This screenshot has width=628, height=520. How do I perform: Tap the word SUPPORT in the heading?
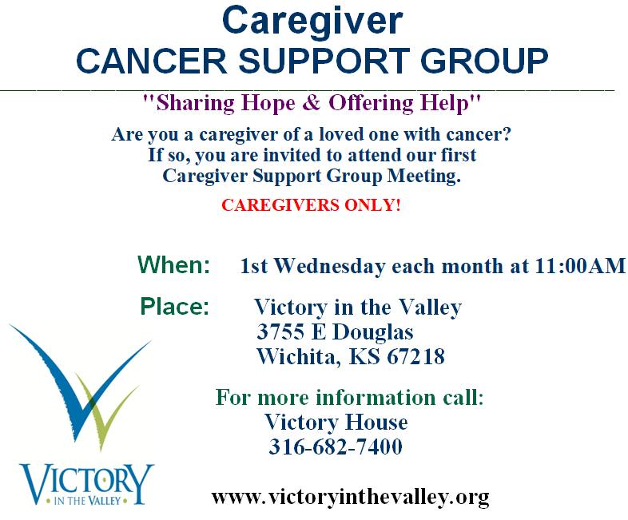pyautogui.click(x=324, y=61)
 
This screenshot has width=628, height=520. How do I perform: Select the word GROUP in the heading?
pyautogui.click(x=484, y=61)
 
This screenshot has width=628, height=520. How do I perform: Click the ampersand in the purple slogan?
pyautogui.click(x=312, y=102)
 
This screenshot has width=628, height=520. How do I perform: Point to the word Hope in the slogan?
pyautogui.click(x=268, y=103)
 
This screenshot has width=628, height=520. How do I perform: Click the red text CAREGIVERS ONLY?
pyautogui.click(x=311, y=205)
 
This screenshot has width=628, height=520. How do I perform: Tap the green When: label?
pyautogui.click(x=173, y=264)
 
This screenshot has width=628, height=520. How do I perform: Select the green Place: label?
pyautogui.click(x=175, y=307)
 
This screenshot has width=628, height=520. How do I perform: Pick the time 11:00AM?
pyautogui.click(x=580, y=266)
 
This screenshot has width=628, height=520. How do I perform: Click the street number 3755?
pyautogui.click(x=280, y=331)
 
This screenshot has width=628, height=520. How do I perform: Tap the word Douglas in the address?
pyautogui.click(x=372, y=332)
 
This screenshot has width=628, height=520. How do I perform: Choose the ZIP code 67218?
pyautogui.click(x=415, y=357)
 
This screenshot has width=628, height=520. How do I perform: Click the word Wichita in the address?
pyautogui.click(x=299, y=357)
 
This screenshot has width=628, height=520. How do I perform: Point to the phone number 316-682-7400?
pyautogui.click(x=336, y=447)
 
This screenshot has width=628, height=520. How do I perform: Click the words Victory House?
pyautogui.click(x=336, y=422)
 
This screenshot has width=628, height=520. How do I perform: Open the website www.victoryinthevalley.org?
pyautogui.click(x=350, y=498)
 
